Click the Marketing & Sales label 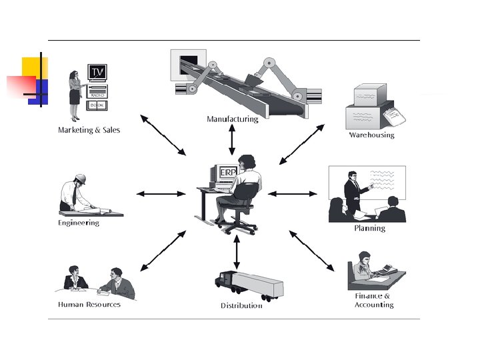pos(89,130)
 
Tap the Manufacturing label pos(232,119)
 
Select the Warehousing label pos(371,135)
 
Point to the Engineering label pos(79,223)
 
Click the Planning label pos(369,228)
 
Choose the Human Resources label pos(89,304)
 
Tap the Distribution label pos(241,305)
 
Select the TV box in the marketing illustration pos(97,72)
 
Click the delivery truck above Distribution pos(249,285)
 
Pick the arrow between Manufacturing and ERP pos(232,140)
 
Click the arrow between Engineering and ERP pos(161,194)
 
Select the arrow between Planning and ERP pos(293,194)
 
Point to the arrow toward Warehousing pos(301,144)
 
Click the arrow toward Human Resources pos(163,251)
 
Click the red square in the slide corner pos(21,86)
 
